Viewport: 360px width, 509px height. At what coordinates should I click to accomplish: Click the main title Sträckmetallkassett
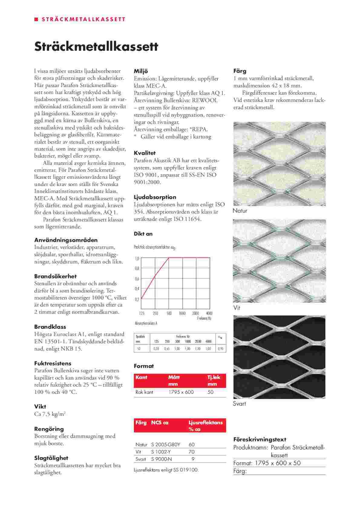pyautogui.click(x=96, y=47)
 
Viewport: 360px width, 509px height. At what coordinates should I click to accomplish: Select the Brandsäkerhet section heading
pyautogui.click(x=55, y=276)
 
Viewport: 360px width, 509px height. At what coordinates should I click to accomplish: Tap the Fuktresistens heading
pyautogui.click(x=53, y=363)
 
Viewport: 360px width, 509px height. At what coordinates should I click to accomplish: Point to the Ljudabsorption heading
pyautogui.click(x=155, y=197)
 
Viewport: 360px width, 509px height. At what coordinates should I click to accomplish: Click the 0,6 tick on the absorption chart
pyautogui.click(x=137, y=279)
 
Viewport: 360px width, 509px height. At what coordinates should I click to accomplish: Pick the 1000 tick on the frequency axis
pyautogui.click(x=182, y=313)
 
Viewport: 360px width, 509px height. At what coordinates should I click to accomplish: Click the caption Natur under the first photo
pyautogui.click(x=240, y=211)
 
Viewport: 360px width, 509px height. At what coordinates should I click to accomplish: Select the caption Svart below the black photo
pyautogui.click(x=239, y=404)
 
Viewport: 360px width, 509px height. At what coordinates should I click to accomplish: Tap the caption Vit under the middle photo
pyautogui.click(x=237, y=308)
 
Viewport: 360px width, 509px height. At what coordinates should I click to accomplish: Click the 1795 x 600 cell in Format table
pyautogui.click(x=181, y=392)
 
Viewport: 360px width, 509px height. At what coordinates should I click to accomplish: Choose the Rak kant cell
pyautogui.click(x=144, y=392)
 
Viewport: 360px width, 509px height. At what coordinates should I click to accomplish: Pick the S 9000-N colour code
pyautogui.click(x=162, y=459)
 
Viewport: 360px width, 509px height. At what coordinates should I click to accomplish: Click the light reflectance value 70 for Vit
pyautogui.click(x=191, y=452)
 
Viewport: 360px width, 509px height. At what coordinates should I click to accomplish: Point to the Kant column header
pyautogui.click(x=141, y=377)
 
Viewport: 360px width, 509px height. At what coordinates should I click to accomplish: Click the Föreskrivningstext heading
pyautogui.click(x=260, y=439)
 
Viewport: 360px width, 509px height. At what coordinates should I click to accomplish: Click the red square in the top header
pyautogui.click(x=36, y=19)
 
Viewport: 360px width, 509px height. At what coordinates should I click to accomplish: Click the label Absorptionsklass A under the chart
pyautogui.click(x=146, y=323)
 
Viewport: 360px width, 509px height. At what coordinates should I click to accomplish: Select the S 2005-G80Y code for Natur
pyautogui.click(x=165, y=445)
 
